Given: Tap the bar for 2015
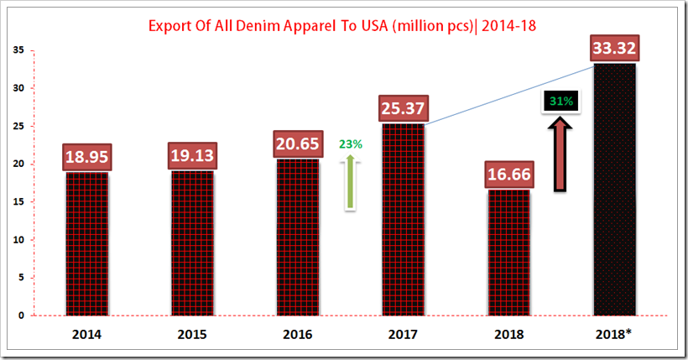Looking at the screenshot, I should coord(193,243).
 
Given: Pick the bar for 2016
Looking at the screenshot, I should coord(298,239).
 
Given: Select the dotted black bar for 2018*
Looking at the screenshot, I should coord(614,189).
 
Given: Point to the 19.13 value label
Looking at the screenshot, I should coord(193,155).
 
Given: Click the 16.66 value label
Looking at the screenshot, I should coord(509,175).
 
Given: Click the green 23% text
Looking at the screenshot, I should coord(351,143).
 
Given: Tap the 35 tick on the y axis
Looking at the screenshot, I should coord(18,50).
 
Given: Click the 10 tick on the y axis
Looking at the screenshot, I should coord(18,239).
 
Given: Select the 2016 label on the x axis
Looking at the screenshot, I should coord(298,334).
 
